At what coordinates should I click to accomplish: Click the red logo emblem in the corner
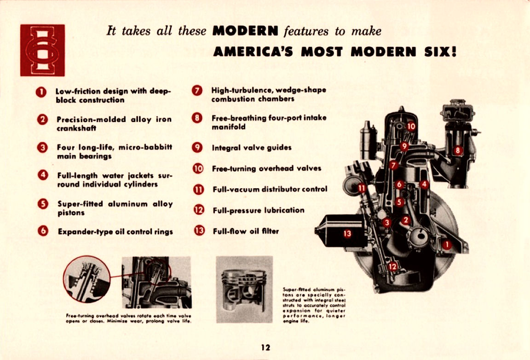(x=42, y=50)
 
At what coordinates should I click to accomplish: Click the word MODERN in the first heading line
(x=246, y=31)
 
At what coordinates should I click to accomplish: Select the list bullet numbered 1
(x=41, y=92)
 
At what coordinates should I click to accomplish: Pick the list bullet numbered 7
(x=197, y=91)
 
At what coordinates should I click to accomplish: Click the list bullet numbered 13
(x=199, y=231)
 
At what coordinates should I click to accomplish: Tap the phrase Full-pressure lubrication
(x=258, y=210)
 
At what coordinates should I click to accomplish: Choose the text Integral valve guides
(x=252, y=148)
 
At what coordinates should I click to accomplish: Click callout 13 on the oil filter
(x=347, y=233)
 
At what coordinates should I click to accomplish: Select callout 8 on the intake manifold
(x=458, y=150)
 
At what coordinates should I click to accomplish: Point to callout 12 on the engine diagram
(x=392, y=266)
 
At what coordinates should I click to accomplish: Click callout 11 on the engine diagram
(x=362, y=187)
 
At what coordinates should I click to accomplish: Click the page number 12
(x=265, y=348)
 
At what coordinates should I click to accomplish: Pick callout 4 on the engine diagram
(x=424, y=184)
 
